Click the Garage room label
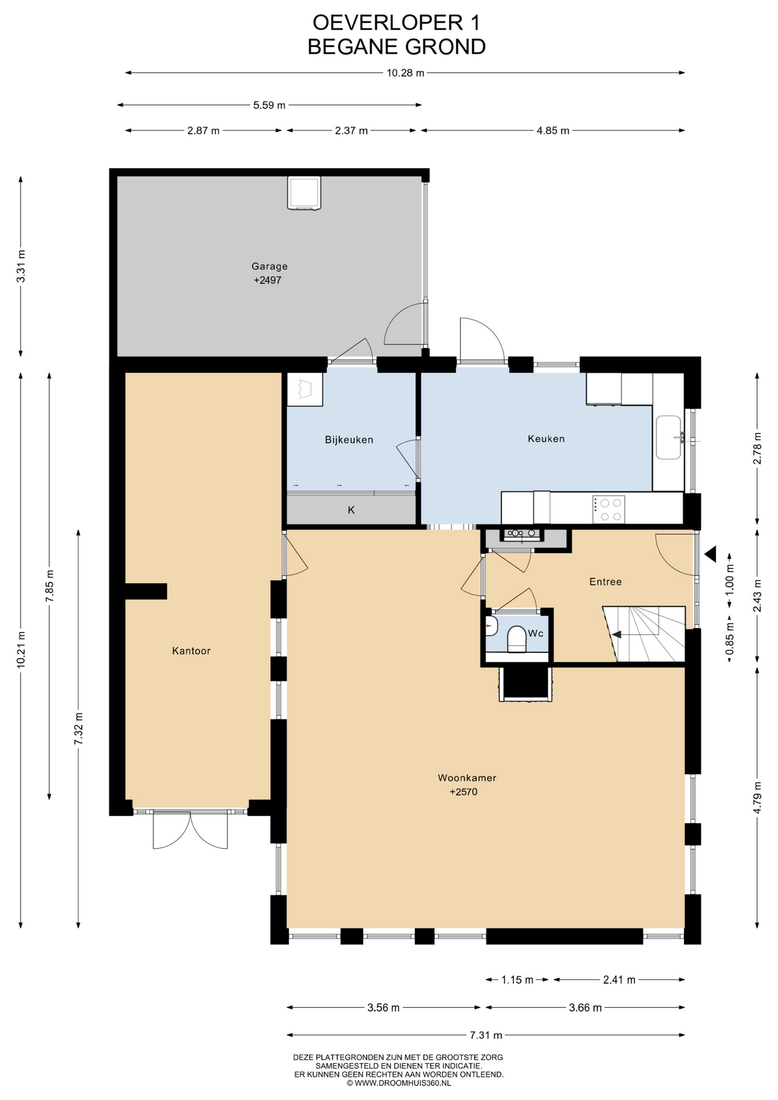(269, 266)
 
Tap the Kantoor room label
(191, 651)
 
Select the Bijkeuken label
(349, 440)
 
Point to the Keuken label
(546, 439)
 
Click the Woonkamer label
(467, 778)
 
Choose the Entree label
(606, 582)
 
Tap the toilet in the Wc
(517, 639)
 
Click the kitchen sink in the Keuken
(669, 437)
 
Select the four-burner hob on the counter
(608, 509)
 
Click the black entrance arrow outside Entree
(711, 554)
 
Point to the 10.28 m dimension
(406, 73)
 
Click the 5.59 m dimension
(269, 105)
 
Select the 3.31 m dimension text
(21, 266)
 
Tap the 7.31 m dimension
(486, 1035)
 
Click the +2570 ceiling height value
(463, 792)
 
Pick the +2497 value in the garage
(268, 281)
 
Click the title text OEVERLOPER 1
(396, 22)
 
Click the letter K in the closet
(351, 510)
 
